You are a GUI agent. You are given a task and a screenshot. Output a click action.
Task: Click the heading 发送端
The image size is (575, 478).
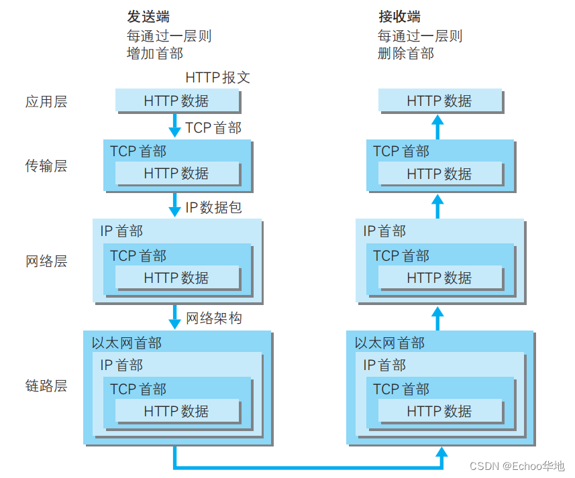coord(148,17)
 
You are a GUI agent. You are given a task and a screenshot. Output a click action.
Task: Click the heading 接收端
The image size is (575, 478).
coord(399,17)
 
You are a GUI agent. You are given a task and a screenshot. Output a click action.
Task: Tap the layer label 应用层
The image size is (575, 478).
coord(46,102)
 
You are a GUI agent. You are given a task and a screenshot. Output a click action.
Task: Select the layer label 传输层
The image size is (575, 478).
coord(46,166)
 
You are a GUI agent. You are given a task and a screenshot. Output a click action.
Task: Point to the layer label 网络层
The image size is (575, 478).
coord(46,261)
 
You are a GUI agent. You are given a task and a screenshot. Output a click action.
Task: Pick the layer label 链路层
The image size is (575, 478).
coord(46,386)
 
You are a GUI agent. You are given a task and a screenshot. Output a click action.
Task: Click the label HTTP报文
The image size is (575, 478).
coord(217,77)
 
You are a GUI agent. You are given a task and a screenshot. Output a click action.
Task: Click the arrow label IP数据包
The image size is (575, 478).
coord(213,207)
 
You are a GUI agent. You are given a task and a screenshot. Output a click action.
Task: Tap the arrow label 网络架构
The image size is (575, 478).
coord(213,318)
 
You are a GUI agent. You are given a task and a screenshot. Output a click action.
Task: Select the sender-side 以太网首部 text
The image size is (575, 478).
coord(127,343)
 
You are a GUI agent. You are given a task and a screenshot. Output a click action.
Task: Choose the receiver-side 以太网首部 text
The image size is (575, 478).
coord(390,343)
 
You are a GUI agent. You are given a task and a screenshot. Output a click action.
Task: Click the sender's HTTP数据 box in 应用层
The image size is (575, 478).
coord(176,101)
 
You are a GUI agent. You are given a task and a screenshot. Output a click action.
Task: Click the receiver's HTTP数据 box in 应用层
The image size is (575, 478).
coord(439,101)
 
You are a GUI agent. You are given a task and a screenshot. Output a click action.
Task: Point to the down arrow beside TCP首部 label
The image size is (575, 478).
coord(174,125)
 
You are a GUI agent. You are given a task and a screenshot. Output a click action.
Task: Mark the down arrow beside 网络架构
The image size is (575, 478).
coord(174,316)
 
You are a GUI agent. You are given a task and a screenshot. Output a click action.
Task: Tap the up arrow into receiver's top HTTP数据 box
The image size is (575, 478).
coord(437,125)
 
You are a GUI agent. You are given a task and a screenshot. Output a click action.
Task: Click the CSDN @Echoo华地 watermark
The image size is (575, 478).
coord(517,466)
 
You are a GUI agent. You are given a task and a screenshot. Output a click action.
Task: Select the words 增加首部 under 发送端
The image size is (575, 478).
coord(154,53)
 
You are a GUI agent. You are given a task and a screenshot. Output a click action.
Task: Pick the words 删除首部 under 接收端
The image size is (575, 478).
coord(405,53)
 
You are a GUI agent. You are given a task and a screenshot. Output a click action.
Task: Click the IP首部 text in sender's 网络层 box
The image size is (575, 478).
coord(121,231)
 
